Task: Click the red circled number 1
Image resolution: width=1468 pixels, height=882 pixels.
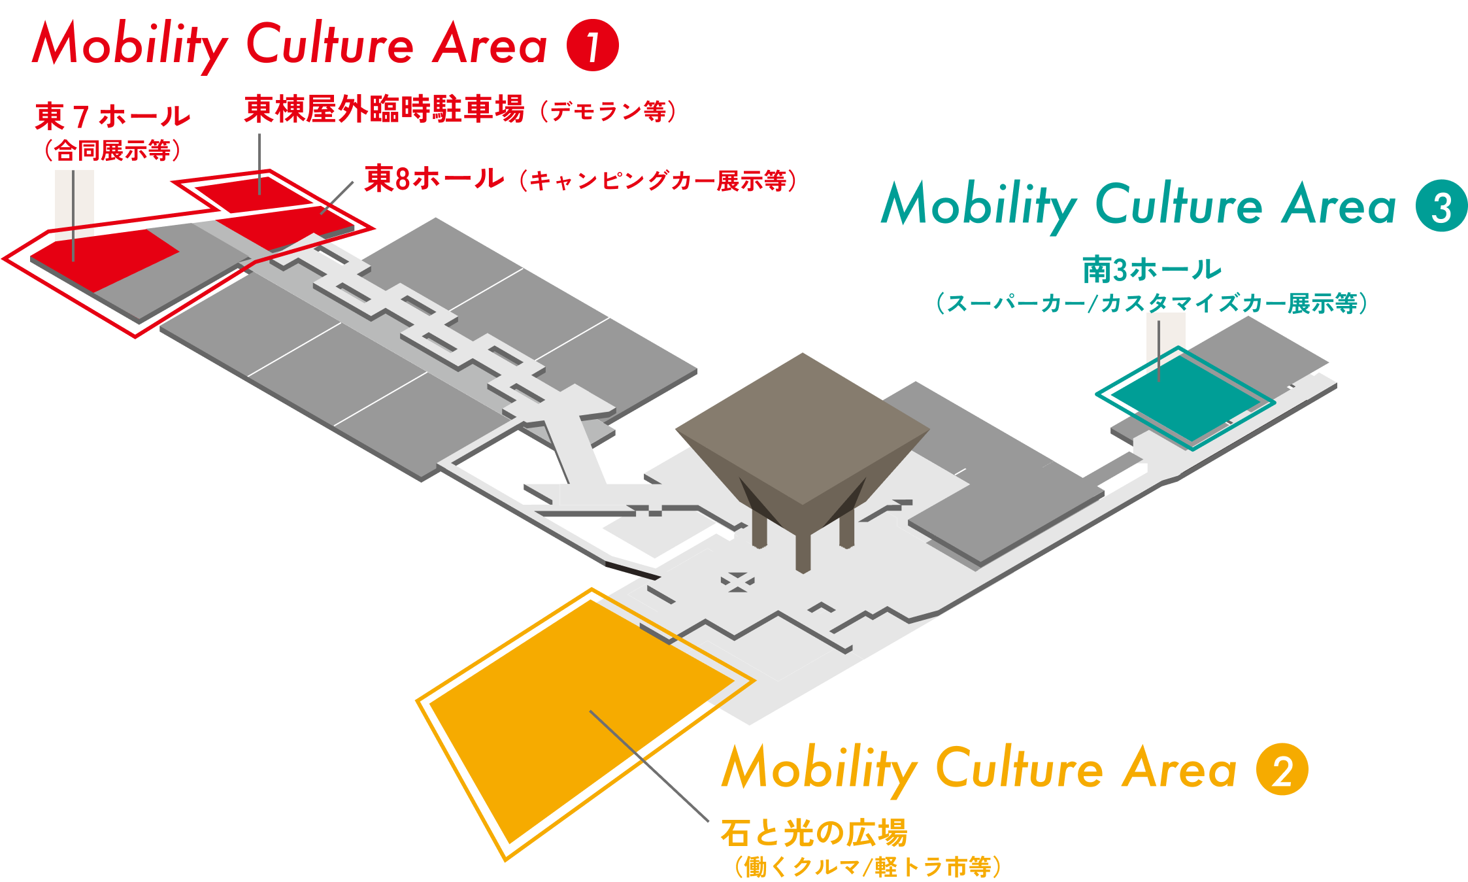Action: pyautogui.click(x=592, y=45)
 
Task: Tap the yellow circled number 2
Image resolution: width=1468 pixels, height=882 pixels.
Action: pyautogui.click(x=1282, y=770)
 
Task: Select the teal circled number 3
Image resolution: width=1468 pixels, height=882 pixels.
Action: pyautogui.click(x=1441, y=206)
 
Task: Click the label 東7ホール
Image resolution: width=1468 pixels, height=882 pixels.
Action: pyautogui.click(x=112, y=117)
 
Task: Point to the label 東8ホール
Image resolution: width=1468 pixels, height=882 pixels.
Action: pyautogui.click(x=435, y=178)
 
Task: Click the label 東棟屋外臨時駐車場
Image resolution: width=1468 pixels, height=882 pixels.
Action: pyautogui.click(x=384, y=109)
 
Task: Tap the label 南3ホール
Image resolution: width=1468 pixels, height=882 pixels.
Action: pyautogui.click(x=1152, y=269)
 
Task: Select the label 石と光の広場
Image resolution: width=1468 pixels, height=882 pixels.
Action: pyautogui.click(x=814, y=832)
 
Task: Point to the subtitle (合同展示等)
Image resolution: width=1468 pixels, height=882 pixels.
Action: pyautogui.click(x=112, y=151)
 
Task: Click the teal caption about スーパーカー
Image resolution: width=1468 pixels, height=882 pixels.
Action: pyautogui.click(x=1152, y=303)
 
